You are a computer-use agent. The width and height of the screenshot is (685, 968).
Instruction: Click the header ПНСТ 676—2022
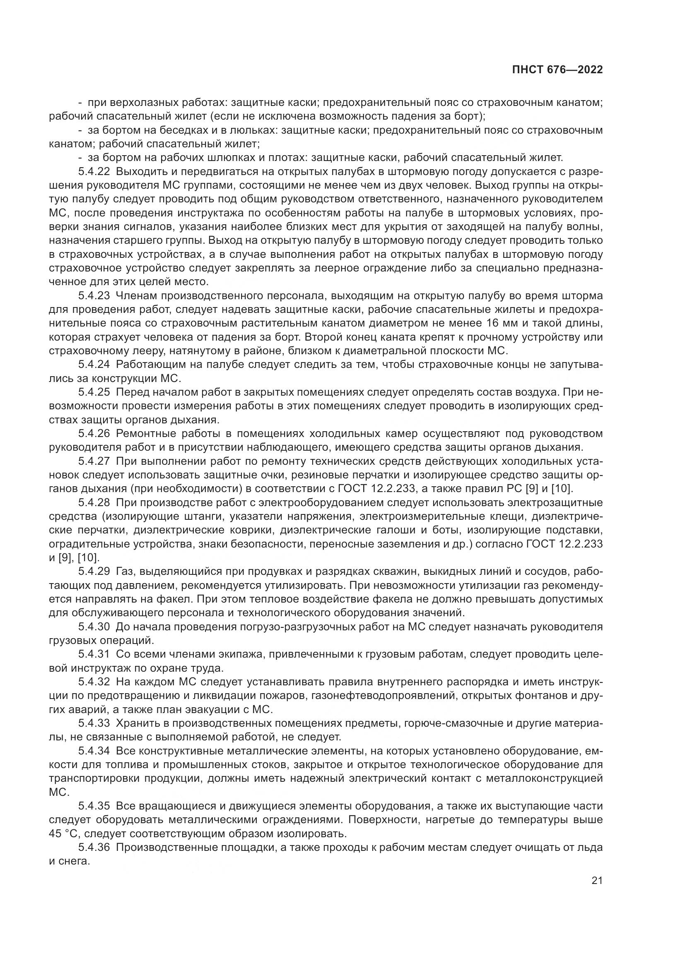[x=557, y=70]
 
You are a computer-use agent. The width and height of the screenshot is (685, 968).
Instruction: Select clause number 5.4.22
[x=94, y=172]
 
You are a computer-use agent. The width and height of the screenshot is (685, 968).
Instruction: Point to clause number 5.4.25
[x=94, y=392]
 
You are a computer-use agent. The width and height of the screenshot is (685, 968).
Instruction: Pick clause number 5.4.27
[x=94, y=461]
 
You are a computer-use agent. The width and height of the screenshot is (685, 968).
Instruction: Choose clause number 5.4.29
[x=94, y=572]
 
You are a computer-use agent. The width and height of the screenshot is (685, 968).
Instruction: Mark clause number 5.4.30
[x=94, y=627]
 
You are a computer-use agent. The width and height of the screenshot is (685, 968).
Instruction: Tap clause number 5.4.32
[x=94, y=682]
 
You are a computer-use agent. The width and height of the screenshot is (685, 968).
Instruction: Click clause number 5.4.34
[x=94, y=751]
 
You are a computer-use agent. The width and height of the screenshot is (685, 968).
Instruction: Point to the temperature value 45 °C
[x=61, y=834]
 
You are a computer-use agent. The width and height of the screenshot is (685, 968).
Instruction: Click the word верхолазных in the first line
[x=135, y=103]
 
